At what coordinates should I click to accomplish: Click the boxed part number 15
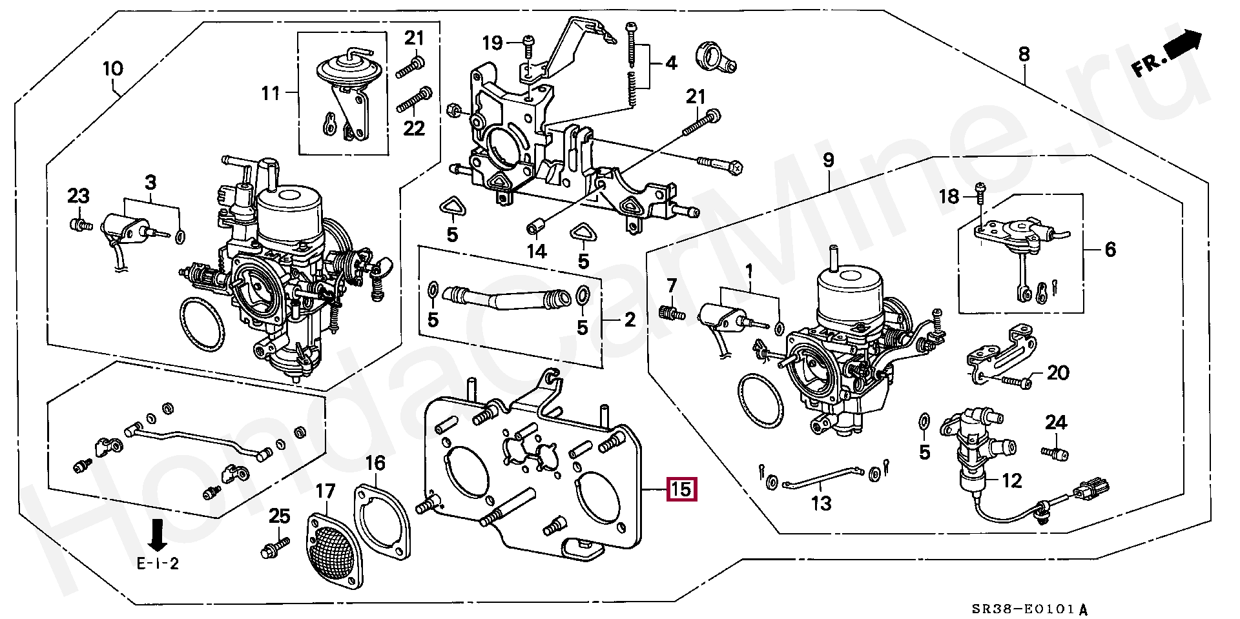681,489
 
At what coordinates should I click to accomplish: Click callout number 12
1012,480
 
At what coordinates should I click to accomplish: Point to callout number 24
1056,423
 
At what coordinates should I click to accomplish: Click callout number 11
271,94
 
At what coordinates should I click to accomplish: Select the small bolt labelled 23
79,225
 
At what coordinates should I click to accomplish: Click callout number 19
492,43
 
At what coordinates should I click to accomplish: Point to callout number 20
1058,372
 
